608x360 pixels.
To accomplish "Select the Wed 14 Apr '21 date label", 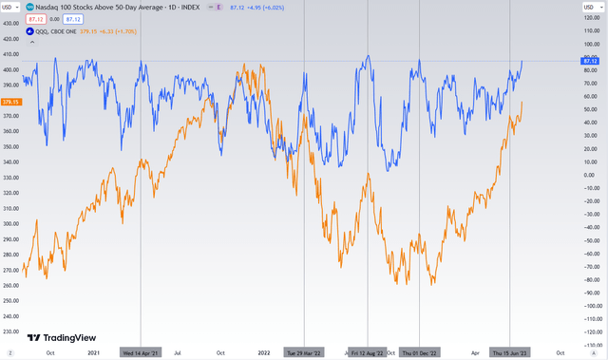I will point(141,352).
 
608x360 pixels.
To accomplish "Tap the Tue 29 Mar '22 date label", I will point(305,352).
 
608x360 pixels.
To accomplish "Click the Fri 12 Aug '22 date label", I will point(368,352).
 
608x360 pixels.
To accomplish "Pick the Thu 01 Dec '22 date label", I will point(420,352).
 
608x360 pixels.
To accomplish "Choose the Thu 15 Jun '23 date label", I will point(510,352).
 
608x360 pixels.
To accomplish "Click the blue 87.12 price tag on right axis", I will point(587,62).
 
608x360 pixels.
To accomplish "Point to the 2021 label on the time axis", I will point(93,352).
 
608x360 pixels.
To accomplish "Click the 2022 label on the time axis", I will point(264,352).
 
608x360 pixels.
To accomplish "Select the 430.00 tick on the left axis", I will point(11,24).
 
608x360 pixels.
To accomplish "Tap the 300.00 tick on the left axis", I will point(11,224).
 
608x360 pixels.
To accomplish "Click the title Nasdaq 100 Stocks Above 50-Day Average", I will point(104,7).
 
